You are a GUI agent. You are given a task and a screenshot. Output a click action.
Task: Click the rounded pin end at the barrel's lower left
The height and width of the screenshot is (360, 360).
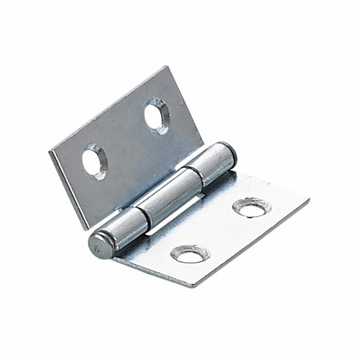[101, 243]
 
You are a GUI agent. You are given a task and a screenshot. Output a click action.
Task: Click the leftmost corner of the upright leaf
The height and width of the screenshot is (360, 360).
[49, 150]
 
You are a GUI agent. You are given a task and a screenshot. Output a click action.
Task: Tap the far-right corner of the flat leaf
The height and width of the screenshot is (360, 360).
[309, 205]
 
